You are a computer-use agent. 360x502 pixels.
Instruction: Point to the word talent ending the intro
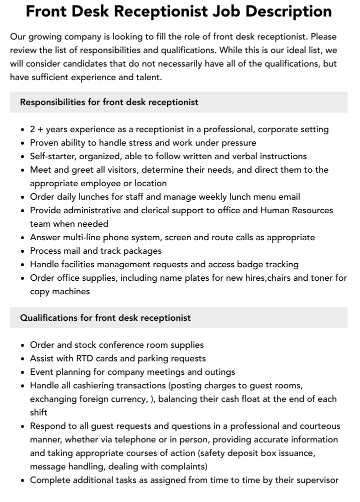145,77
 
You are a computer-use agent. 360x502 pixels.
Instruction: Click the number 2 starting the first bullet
32,129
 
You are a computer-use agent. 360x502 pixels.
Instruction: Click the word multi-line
84,237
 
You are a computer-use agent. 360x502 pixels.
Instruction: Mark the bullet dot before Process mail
23,251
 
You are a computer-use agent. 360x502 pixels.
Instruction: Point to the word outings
218,372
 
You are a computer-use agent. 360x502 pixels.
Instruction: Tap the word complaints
182,466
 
